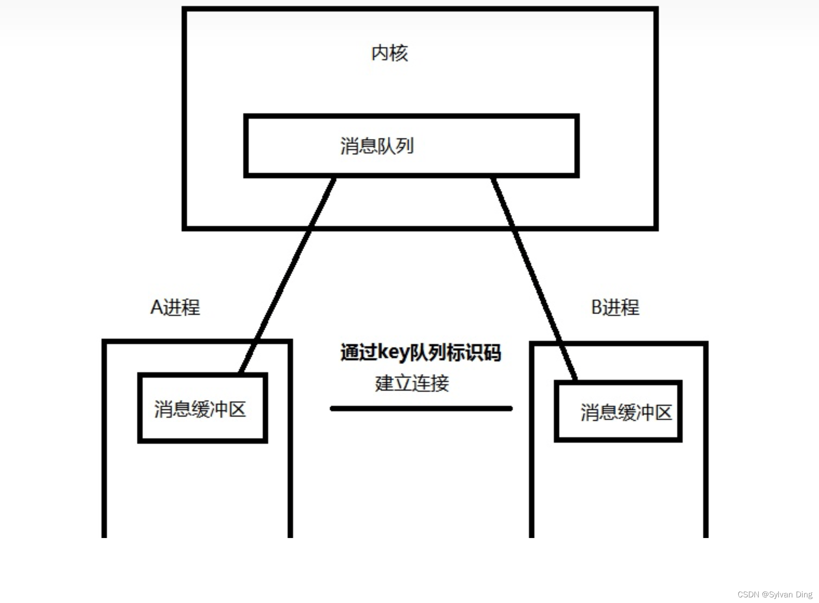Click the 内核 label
(390, 53)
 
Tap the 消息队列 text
(377, 146)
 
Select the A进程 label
(175, 308)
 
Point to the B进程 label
(615, 308)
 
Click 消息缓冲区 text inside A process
(200, 409)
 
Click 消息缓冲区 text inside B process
(626, 412)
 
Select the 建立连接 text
(412, 383)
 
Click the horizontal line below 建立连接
(421, 408)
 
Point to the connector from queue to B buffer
(535, 277)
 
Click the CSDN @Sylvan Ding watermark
(775, 595)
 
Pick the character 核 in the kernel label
(399, 53)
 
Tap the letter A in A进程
(156, 308)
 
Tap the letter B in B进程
(597, 308)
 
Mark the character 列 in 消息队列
(405, 146)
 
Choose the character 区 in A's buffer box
(237, 409)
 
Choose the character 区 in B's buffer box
(663, 412)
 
